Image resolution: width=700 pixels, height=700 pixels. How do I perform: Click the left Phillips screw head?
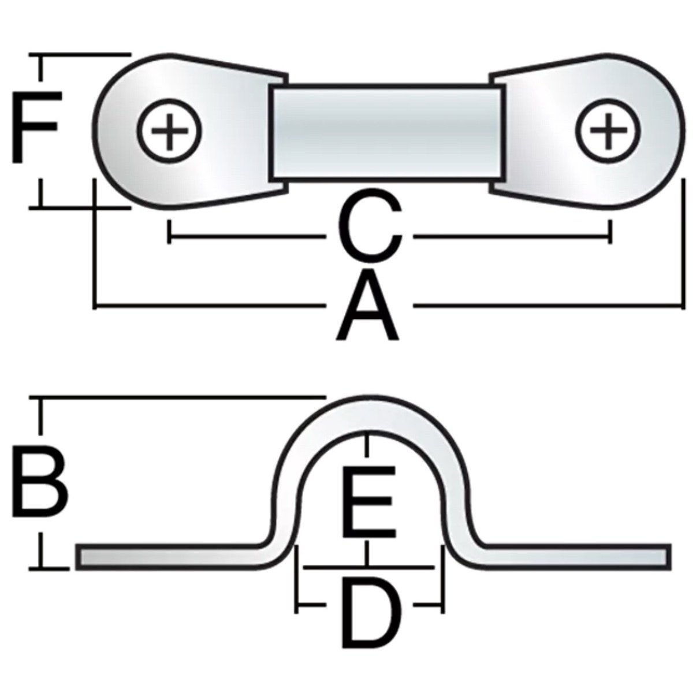[170, 131]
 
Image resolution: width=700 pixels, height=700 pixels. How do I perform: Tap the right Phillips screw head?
[608, 131]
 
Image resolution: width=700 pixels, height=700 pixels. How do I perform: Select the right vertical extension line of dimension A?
[683, 243]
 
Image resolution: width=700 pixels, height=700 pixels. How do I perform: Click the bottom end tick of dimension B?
[40, 568]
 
